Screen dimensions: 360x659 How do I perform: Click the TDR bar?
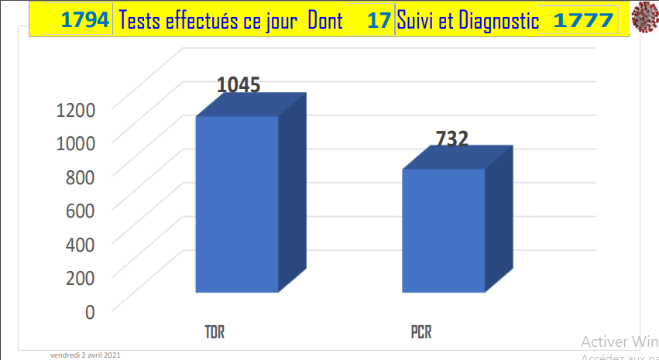pos(237,204)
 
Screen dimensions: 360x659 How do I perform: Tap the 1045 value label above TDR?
pos(238,85)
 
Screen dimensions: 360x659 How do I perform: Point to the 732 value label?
pos(452,139)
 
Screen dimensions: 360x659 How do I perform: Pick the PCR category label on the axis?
pos(421,334)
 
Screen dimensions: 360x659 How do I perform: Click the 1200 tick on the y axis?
pos(75,109)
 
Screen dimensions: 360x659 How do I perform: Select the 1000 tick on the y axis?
pos(75,143)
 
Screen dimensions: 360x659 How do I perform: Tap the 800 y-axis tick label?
pos(79,177)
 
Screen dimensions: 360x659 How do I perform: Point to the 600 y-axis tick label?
pos(79,210)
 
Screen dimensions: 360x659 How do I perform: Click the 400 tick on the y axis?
pos(79,244)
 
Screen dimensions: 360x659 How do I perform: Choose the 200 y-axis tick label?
pos(79,277)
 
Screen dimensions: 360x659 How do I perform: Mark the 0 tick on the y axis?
pos(90,311)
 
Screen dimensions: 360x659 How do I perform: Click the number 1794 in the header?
pos(85,21)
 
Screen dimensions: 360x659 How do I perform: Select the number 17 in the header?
pos(379,21)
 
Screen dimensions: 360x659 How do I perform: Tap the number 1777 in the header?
pos(582,21)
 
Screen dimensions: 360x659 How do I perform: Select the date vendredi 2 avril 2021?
pos(85,355)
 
